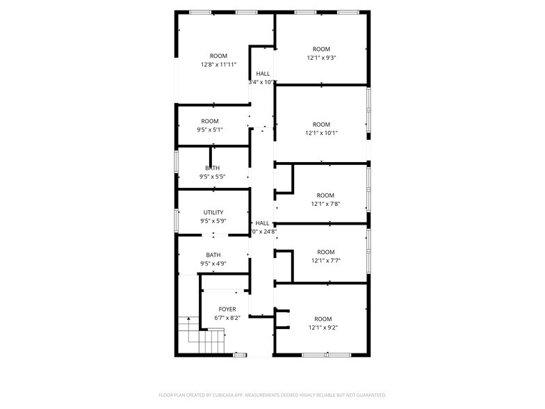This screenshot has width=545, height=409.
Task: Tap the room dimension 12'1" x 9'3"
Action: pyautogui.click(x=321, y=58)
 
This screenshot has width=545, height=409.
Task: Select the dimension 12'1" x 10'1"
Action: pyautogui.click(x=321, y=133)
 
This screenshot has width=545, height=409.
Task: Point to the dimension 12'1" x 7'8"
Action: pyautogui.click(x=325, y=205)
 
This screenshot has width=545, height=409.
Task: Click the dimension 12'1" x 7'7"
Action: pyautogui.click(x=325, y=261)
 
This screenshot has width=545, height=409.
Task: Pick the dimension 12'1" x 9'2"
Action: pyautogui.click(x=323, y=328)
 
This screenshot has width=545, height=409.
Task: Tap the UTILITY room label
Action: pyautogui.click(x=213, y=212)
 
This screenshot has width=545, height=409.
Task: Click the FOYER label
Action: pyautogui.click(x=227, y=310)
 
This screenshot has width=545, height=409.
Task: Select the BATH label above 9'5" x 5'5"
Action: pyautogui.click(x=213, y=168)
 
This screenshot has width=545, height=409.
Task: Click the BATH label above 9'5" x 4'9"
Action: pyautogui.click(x=213, y=255)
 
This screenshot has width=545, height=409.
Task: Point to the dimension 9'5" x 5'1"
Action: pyautogui.click(x=210, y=129)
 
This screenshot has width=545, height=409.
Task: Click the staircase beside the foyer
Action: pyautogui.click(x=201, y=336)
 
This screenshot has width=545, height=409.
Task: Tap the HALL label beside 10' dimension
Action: pyautogui.click(x=263, y=74)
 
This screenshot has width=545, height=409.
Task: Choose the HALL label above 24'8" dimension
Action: pyautogui.click(x=262, y=223)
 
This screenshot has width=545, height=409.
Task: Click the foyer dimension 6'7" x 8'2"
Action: pyautogui.click(x=227, y=318)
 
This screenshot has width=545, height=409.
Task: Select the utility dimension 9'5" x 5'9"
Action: pyautogui.click(x=213, y=221)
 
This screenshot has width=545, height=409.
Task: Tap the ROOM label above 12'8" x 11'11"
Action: pyautogui.click(x=218, y=56)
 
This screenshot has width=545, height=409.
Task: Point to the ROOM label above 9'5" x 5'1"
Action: pyautogui.click(x=210, y=121)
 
